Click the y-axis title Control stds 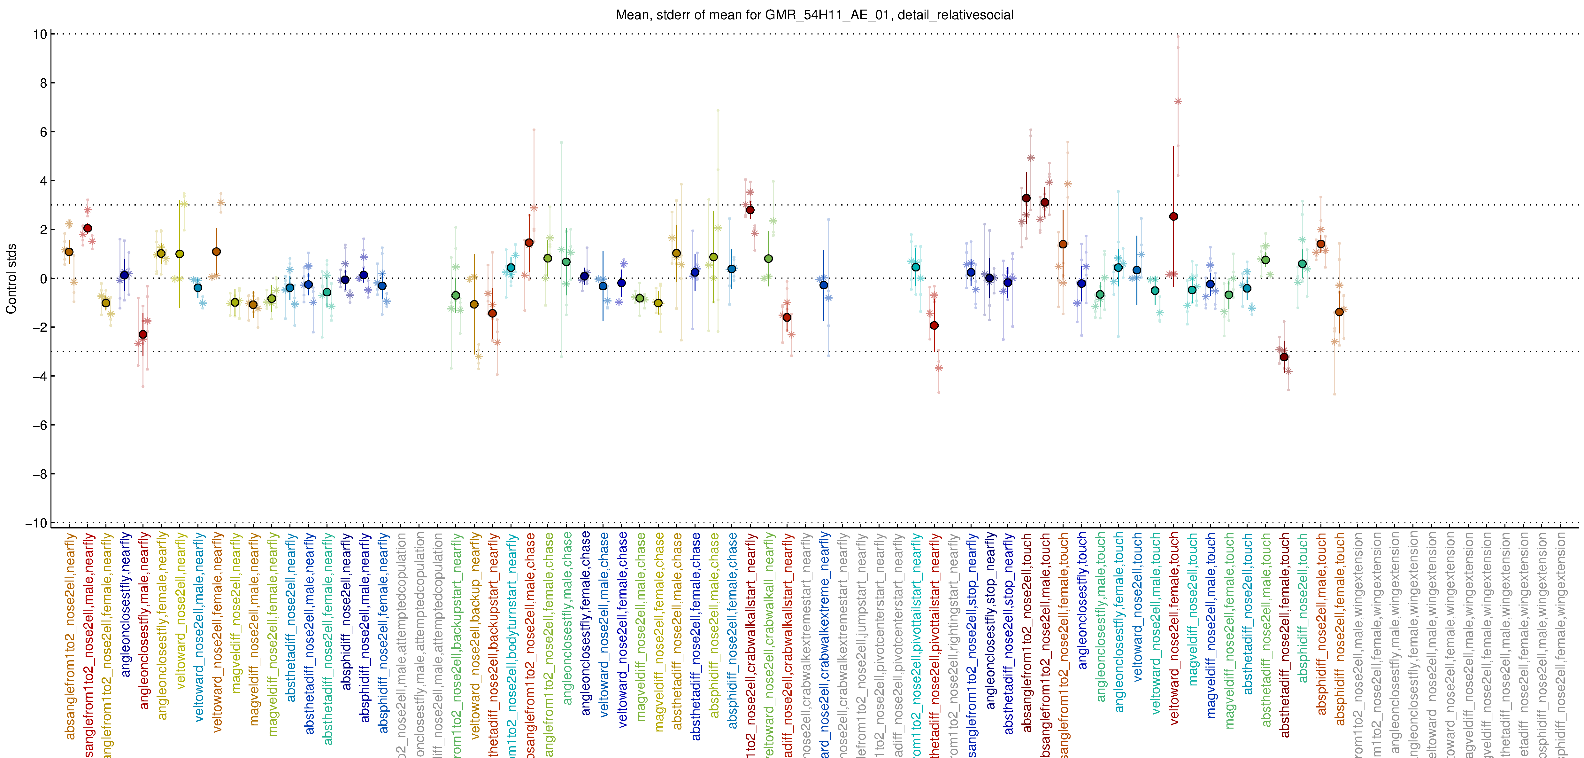coord(11,279)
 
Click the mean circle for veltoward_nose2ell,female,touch coord(1173,216)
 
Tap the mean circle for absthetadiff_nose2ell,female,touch coord(1284,357)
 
